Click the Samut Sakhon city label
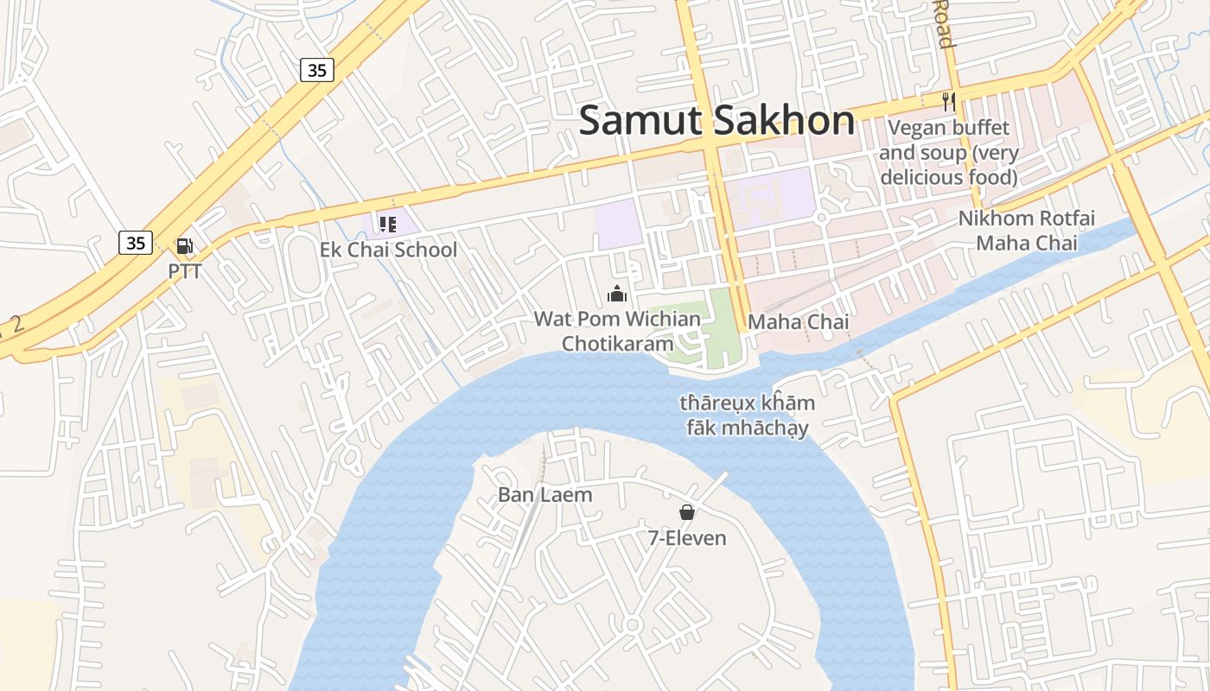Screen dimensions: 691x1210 coord(716,120)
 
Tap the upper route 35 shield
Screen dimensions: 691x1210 coord(317,70)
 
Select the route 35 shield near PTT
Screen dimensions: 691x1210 coord(136,243)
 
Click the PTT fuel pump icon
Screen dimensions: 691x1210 coord(184,246)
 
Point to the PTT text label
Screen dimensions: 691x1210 coord(185,271)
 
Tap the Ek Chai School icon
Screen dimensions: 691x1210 coord(387,225)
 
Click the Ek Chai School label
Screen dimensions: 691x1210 coord(388,250)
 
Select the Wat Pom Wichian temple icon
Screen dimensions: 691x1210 coord(616,294)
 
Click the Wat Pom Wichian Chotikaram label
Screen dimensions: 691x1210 coord(617,331)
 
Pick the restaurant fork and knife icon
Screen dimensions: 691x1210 coord(949,101)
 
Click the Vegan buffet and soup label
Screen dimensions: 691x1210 coord(949,153)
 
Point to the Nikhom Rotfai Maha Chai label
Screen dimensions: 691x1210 coord(1026,231)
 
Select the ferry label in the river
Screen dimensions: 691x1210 coord(747,415)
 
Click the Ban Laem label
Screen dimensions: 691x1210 coord(545,495)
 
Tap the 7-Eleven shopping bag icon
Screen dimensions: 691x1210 coord(687,512)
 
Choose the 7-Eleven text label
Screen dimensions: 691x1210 coord(687,538)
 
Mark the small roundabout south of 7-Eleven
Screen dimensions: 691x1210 coord(632,624)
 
